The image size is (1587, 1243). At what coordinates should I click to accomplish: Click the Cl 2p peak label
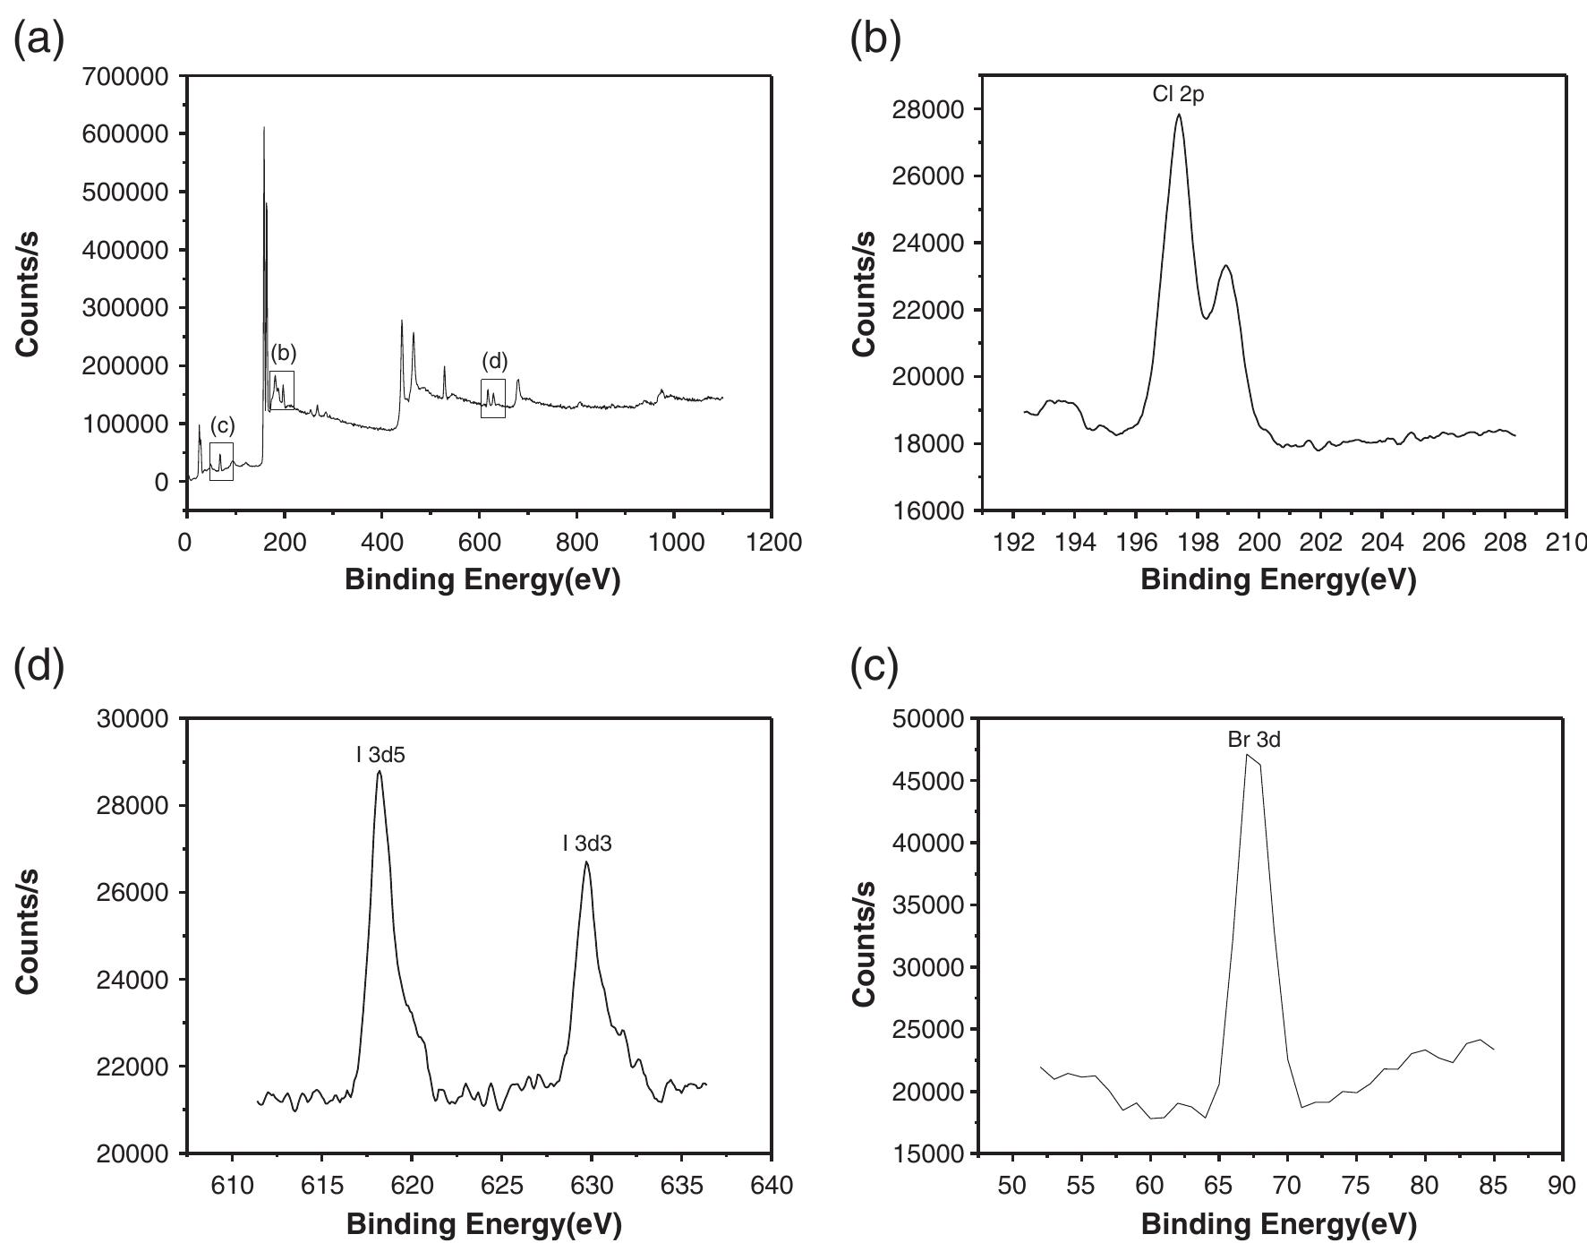pos(1178,94)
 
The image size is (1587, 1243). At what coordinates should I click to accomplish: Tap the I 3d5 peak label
pos(380,755)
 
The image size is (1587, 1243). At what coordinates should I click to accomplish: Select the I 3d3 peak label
pos(587,844)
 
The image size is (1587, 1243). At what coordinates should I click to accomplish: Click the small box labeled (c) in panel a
pos(221,461)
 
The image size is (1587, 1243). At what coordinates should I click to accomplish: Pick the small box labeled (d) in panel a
pos(493,399)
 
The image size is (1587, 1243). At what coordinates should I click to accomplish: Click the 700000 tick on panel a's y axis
pos(124,77)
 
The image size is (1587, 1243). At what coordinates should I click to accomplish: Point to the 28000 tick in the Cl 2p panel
pos(926,109)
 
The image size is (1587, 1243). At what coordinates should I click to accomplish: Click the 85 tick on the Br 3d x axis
pos(1494,1185)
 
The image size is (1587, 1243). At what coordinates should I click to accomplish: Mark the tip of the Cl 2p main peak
pos(1179,115)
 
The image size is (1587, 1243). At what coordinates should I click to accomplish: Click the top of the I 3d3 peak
pos(586,862)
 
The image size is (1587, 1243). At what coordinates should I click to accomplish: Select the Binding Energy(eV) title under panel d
pos(482,1223)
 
